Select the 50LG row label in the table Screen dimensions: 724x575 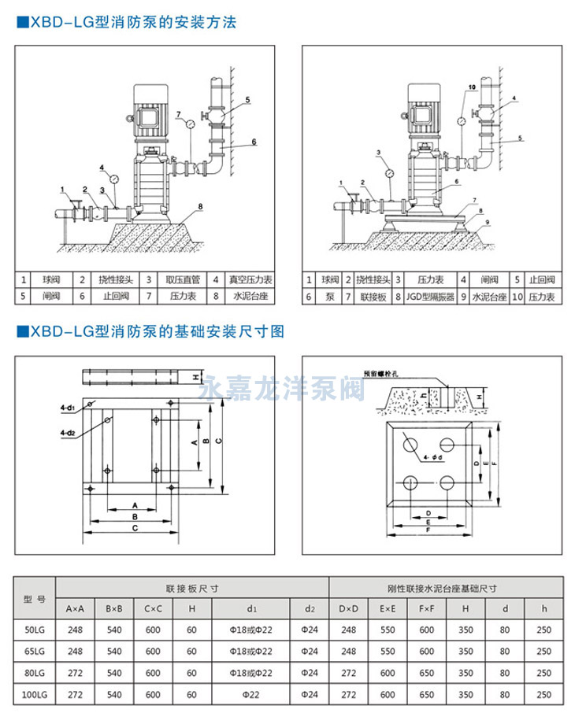(x=35, y=630)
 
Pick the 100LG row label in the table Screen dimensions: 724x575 (x=35, y=695)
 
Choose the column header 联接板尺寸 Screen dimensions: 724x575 (x=192, y=587)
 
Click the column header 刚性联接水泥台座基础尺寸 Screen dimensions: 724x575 (x=446, y=587)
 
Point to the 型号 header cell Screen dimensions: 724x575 (x=35, y=597)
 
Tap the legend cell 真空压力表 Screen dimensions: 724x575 (x=250, y=279)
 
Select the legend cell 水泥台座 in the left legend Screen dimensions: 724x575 (x=250, y=297)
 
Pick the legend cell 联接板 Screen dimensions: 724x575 (x=375, y=297)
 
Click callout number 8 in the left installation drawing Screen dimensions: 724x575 (x=201, y=206)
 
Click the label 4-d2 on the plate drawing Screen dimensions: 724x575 (x=67, y=433)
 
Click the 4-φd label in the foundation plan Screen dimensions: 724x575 (x=433, y=457)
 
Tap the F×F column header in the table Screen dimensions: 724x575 (x=426, y=608)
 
